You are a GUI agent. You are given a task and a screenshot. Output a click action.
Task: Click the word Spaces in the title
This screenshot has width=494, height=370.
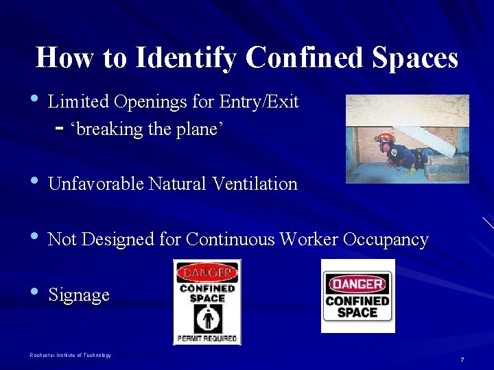pos(416,59)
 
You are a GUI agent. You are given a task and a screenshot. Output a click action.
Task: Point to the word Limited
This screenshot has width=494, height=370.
pos(78,102)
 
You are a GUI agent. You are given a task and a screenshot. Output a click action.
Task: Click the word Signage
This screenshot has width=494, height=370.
pos(79,295)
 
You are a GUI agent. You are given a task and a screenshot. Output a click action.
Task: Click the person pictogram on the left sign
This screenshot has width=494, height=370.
pos(207,319)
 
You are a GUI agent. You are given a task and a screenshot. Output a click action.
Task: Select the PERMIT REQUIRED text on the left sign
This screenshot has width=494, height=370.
pos(207,338)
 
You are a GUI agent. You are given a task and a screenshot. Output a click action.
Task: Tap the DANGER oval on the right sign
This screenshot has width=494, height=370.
pos(357,283)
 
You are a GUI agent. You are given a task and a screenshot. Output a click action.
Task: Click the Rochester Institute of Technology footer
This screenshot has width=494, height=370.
pos(70,355)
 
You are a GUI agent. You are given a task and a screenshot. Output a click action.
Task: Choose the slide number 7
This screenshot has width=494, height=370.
pos(462,360)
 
